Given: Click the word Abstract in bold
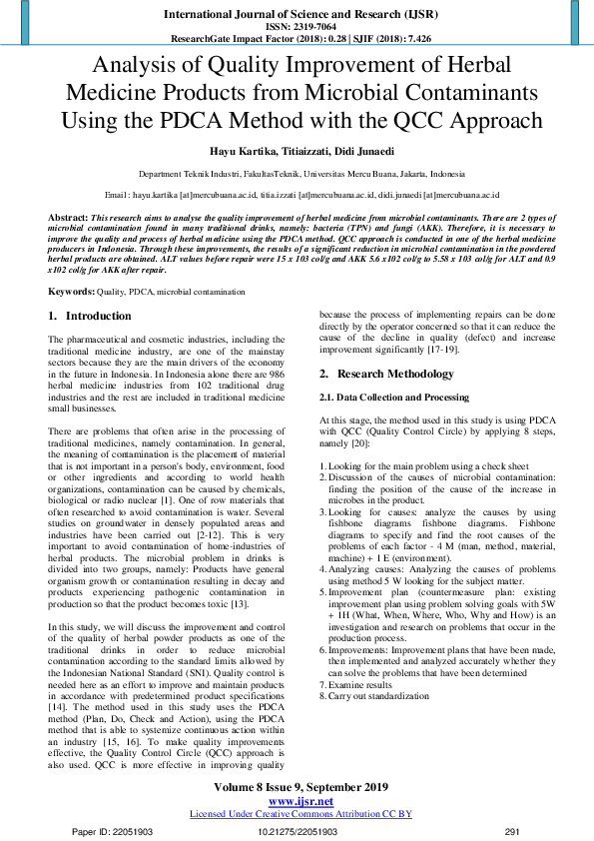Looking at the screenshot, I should tap(67, 217).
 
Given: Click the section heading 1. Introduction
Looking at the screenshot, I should tap(90, 316).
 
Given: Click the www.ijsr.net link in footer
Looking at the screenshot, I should tap(300, 801).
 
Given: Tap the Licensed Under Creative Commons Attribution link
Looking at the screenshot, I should tap(300, 814).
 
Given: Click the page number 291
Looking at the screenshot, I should tap(513, 831).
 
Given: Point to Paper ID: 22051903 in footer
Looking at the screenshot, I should tap(112, 831).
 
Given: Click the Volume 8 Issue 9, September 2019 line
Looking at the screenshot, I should tap(300, 788).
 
